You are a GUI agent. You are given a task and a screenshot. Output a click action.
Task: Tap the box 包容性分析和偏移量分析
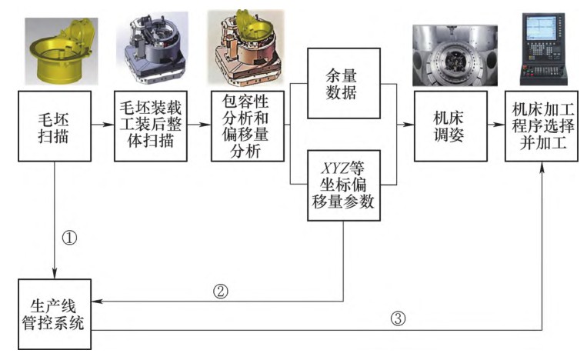[247, 125]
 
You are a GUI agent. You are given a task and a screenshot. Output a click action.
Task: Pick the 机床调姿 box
[449, 125]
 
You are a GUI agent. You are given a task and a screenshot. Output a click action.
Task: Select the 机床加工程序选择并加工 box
[542, 125]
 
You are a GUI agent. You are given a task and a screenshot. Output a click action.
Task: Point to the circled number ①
[70, 237]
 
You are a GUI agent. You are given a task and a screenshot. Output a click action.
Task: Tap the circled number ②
[220, 292]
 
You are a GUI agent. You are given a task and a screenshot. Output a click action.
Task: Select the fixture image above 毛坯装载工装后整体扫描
[151, 51]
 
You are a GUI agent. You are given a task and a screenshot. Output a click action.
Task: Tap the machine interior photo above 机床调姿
[449, 55]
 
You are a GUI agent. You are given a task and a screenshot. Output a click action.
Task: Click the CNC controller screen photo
[542, 48]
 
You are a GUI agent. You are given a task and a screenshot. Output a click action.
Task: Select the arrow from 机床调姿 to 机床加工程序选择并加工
[496, 125]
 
